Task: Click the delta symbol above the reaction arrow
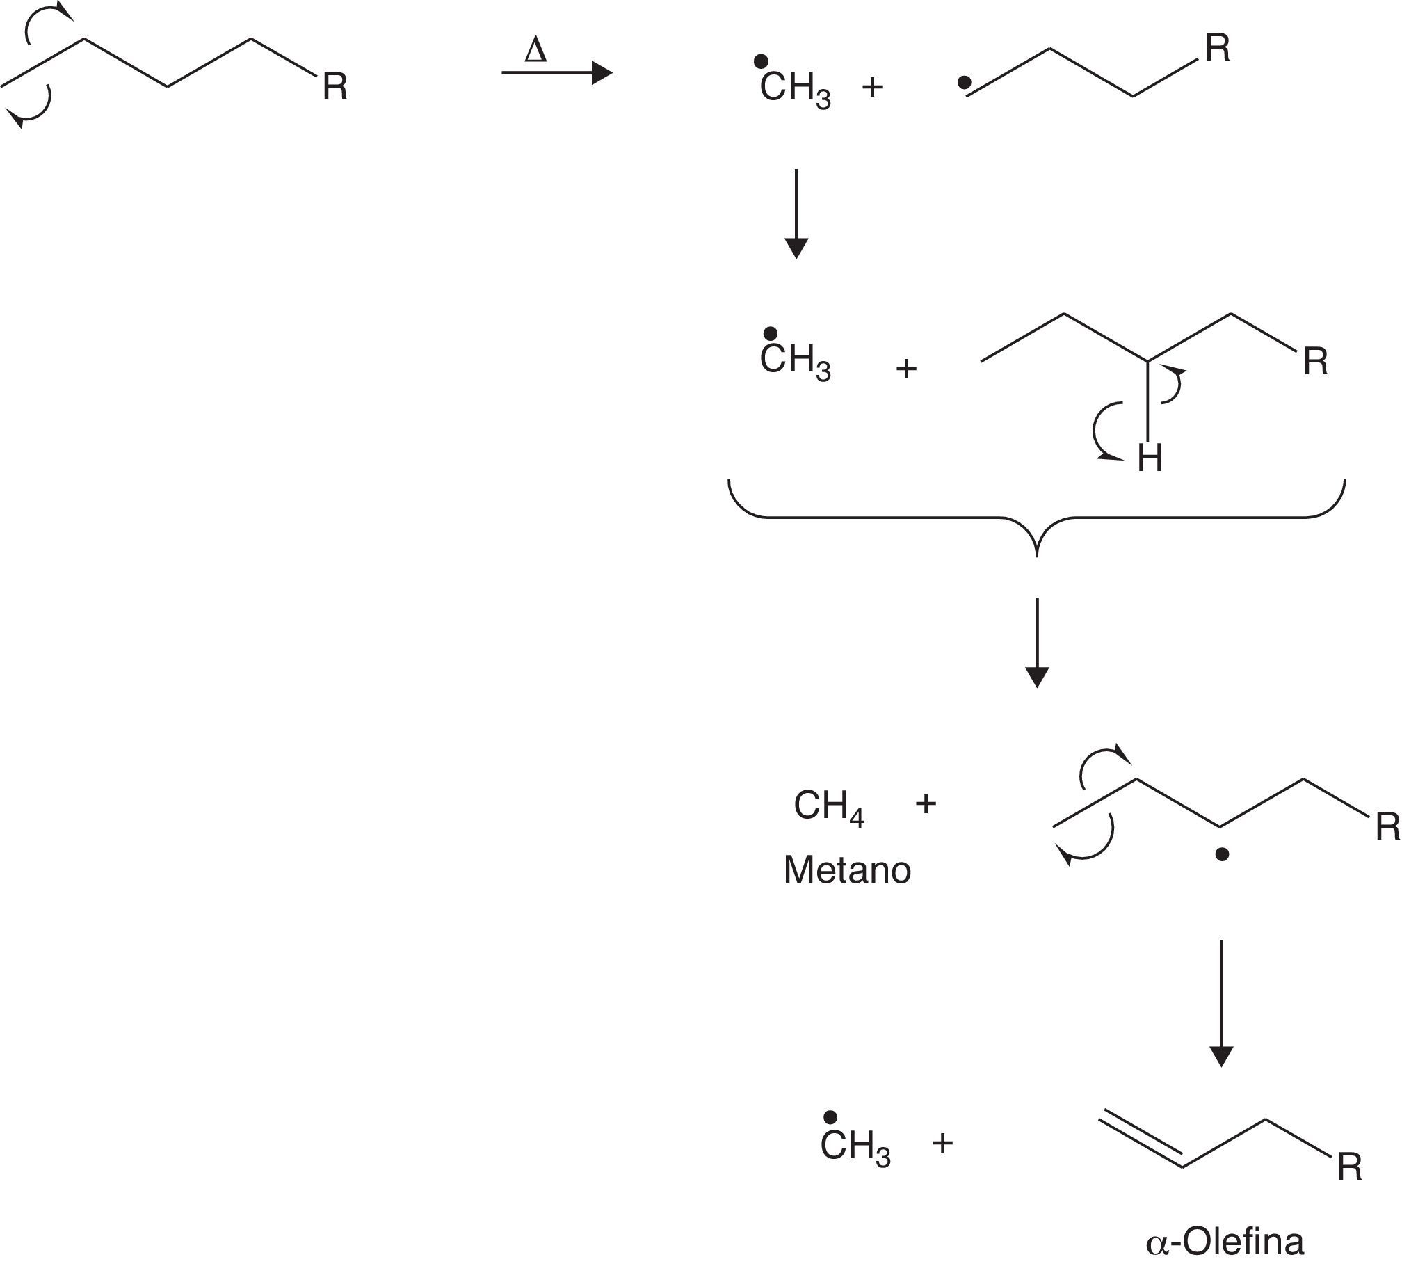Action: tap(535, 51)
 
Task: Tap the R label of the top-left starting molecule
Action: tap(335, 88)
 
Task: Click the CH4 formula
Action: tap(828, 808)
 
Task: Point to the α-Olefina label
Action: tap(1224, 1242)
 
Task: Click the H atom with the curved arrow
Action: tap(1150, 459)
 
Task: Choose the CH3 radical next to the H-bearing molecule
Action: tap(795, 360)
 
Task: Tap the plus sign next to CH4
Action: tap(926, 804)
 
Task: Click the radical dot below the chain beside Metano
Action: tap(1222, 855)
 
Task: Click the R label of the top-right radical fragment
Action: tap(1217, 49)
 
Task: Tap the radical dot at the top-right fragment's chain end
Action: tap(964, 83)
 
